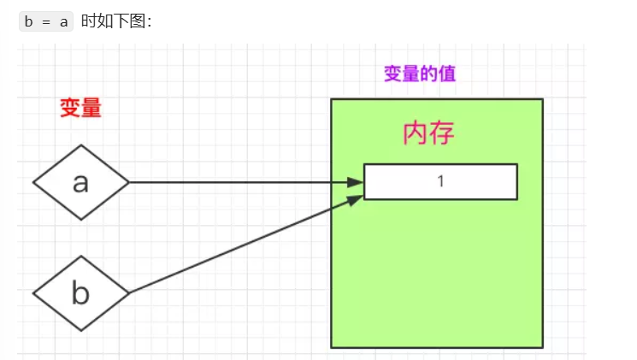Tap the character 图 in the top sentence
(x=133, y=22)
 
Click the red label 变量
(x=81, y=108)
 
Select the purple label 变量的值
(x=420, y=74)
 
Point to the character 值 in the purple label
(x=447, y=74)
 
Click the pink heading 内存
(x=428, y=133)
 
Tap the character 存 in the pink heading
(x=441, y=133)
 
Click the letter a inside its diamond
(x=81, y=182)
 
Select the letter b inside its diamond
(x=81, y=293)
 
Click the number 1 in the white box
(x=440, y=181)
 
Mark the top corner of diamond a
(x=81, y=145)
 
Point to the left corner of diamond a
(x=34, y=182)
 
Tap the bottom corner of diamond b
(x=81, y=330)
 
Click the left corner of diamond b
(x=34, y=293)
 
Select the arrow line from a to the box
(x=239, y=182)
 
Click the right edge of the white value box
(x=517, y=181)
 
